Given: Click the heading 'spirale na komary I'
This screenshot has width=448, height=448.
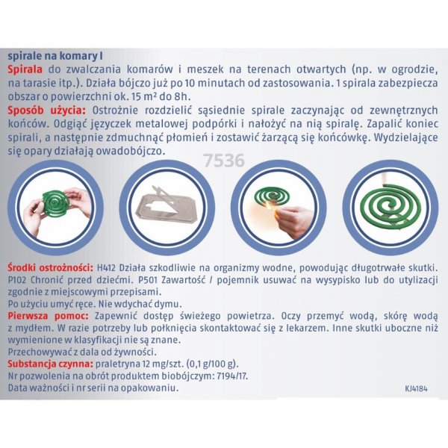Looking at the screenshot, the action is pyautogui.click(x=55, y=56).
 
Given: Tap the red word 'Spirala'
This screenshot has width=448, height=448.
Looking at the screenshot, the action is pyautogui.click(x=25, y=69).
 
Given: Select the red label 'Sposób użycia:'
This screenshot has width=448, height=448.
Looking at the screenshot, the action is pyautogui.click(x=47, y=111).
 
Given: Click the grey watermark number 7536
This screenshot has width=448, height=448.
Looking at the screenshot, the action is pyautogui.click(x=224, y=161).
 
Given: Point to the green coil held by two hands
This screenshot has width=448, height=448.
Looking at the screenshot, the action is pyautogui.click(x=56, y=202).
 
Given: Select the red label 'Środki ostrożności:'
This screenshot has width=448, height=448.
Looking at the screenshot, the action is pyautogui.click(x=51, y=268).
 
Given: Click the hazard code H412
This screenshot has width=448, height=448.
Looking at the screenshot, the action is pyautogui.click(x=106, y=268).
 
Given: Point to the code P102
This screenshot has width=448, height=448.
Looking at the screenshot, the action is pyautogui.click(x=17, y=280).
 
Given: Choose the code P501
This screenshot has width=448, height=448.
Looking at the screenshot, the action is pyautogui.click(x=148, y=280).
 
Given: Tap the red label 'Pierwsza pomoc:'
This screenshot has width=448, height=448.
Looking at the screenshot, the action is pyautogui.click(x=48, y=316).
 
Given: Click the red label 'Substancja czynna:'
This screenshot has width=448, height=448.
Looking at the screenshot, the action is pyautogui.click(x=51, y=364).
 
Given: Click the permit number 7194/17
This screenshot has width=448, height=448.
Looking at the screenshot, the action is pyautogui.click(x=232, y=376).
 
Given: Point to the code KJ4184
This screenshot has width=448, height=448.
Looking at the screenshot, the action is pyautogui.click(x=417, y=388).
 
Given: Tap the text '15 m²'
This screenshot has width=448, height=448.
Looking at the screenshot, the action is pyautogui.click(x=144, y=96).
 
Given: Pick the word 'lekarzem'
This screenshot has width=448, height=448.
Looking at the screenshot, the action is pyautogui.click(x=308, y=328).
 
